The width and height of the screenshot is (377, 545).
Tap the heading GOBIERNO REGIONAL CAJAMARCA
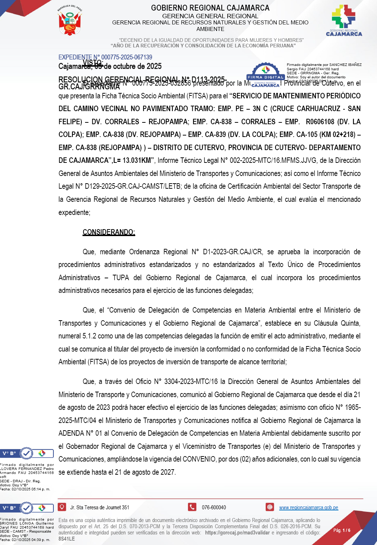(x=210, y=8)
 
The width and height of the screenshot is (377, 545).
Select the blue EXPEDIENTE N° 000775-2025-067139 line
(x=105, y=57)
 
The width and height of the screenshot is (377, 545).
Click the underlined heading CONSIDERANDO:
(x=109, y=232)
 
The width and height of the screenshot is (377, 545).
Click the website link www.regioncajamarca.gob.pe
(x=308, y=507)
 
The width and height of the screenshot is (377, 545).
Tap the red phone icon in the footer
(x=192, y=507)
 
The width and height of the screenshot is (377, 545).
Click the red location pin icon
(x=62, y=507)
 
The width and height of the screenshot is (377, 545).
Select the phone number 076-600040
(x=214, y=507)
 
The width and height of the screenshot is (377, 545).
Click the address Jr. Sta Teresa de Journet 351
(x=100, y=507)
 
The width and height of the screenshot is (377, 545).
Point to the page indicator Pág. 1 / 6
(x=342, y=530)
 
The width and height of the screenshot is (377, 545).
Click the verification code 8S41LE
(x=67, y=539)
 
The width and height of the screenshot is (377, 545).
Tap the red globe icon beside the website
(x=270, y=507)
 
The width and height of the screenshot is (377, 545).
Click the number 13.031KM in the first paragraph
(x=137, y=160)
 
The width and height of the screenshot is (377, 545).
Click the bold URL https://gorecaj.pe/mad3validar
(x=237, y=533)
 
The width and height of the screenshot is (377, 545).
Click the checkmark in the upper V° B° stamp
(x=27, y=453)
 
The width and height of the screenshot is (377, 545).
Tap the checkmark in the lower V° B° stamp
(x=27, y=507)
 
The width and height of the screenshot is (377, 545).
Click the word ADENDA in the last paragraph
(x=71, y=433)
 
